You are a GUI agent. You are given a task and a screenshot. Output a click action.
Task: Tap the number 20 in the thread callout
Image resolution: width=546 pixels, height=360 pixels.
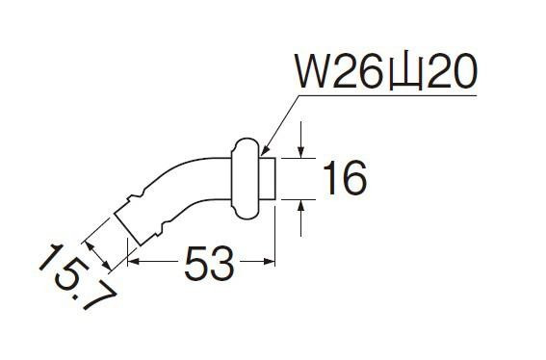pos(452,71)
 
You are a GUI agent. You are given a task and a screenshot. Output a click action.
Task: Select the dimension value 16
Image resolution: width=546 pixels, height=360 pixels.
pos(345,179)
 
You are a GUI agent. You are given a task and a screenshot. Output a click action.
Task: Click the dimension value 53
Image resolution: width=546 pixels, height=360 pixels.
pos(209,263)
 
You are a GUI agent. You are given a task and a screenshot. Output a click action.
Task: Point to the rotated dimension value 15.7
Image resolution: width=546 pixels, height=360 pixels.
pos(77,277)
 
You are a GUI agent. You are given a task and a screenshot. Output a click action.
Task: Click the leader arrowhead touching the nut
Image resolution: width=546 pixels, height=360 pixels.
pos(265,151)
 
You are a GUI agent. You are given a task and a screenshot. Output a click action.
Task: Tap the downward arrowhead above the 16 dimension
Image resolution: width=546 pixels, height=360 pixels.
pos(300,152)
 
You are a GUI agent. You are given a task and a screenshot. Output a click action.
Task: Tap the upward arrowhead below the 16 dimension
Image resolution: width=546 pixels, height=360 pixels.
pos(300,206)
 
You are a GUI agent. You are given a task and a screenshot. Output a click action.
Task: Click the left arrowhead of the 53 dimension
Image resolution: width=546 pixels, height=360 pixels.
pos(134,261)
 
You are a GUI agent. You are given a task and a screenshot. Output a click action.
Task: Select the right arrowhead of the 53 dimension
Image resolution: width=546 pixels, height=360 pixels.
pos(270,261)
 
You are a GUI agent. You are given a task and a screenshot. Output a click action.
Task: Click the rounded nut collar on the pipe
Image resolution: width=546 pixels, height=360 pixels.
pos(246,179)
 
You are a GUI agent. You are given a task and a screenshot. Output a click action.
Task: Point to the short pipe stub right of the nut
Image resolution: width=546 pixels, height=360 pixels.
pos(268,179)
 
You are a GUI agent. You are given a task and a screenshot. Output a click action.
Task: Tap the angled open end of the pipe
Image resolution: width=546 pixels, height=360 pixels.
pos(127,229)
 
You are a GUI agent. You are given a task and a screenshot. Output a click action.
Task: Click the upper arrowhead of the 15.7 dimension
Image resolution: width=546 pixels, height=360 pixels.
pos(90,245)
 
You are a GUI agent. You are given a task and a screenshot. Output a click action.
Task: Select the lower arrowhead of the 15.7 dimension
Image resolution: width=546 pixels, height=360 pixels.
pos(107,266)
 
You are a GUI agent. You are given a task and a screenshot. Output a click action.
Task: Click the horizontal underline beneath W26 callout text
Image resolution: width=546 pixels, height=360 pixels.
pos(387,94)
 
